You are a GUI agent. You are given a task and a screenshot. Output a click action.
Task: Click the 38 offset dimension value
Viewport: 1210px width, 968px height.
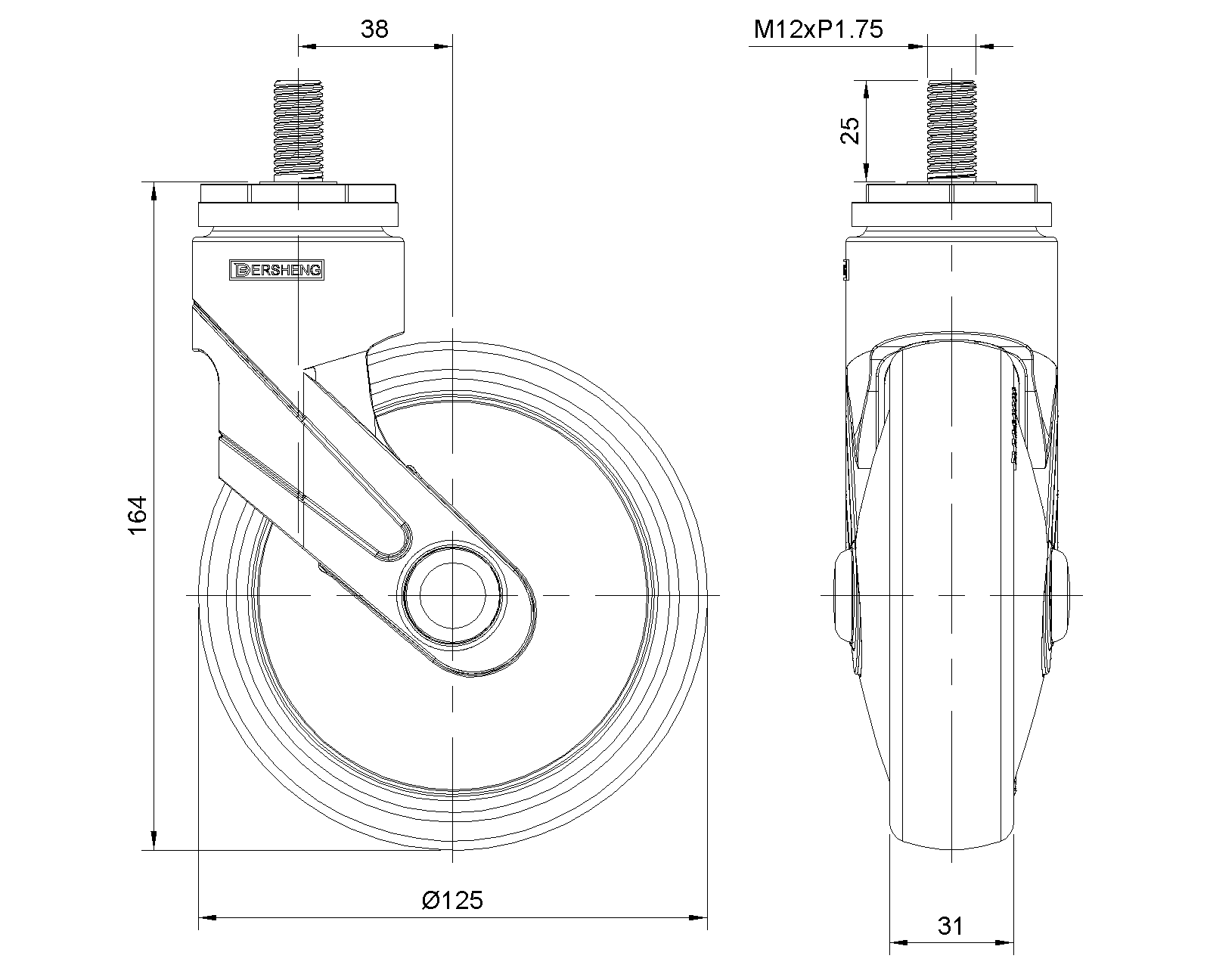point(374,29)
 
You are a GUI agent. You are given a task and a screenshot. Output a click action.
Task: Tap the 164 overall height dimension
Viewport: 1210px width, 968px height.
point(138,515)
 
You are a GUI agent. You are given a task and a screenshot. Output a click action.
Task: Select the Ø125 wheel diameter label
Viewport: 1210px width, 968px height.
point(452,901)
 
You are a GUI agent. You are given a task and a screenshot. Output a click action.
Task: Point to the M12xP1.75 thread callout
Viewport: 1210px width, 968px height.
point(818,29)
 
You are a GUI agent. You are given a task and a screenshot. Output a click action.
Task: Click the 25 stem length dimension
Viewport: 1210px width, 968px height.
point(850,131)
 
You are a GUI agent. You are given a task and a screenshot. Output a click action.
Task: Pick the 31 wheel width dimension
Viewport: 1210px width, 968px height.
point(951,926)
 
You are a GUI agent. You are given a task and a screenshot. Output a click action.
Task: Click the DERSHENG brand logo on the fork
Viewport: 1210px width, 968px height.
point(277,270)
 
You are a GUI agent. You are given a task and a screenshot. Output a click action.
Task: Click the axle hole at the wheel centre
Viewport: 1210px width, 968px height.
point(452,596)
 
